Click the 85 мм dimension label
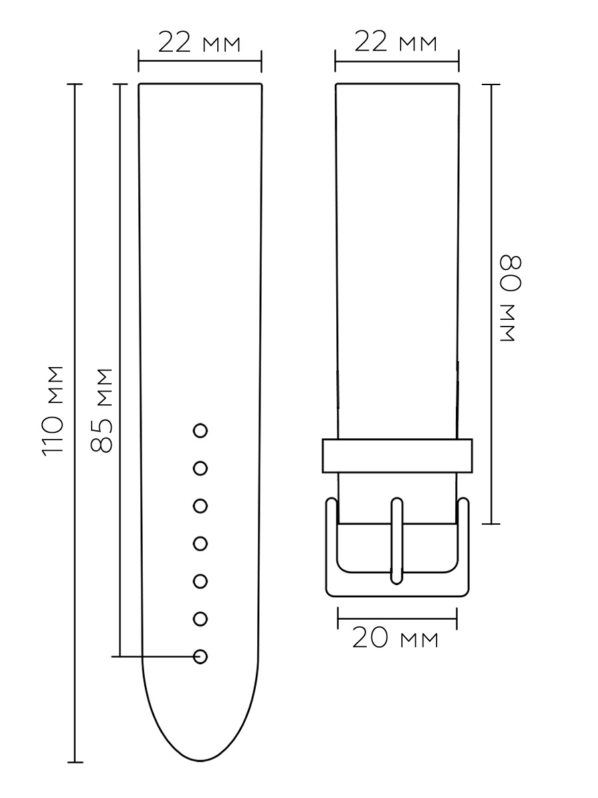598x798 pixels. pyautogui.click(x=101, y=411)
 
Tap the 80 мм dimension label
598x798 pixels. pyautogui.click(x=511, y=298)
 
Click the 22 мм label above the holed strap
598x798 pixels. pyautogui.click(x=199, y=42)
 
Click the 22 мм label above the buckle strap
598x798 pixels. pyautogui.click(x=396, y=41)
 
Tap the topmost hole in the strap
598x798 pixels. pyautogui.click(x=200, y=431)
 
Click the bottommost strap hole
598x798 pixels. pyautogui.click(x=200, y=656)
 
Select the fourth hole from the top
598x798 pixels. pyautogui.click(x=200, y=543)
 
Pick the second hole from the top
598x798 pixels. pyautogui.click(x=200, y=468)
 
